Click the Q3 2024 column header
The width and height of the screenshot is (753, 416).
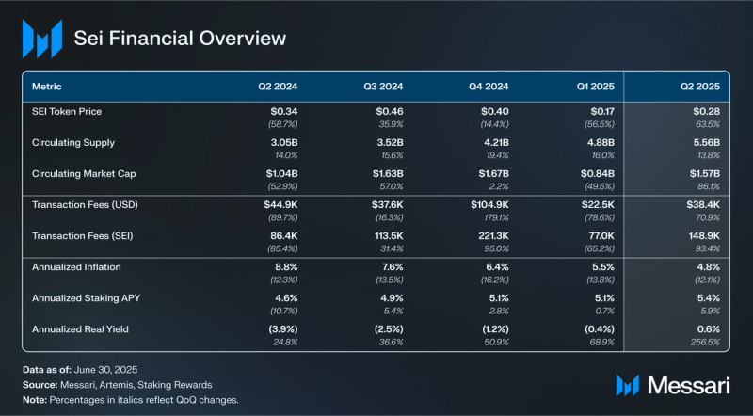point(383,86)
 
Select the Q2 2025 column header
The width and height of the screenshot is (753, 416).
point(700,86)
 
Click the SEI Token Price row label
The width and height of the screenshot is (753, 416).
point(67,112)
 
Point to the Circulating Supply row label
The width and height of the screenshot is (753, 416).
point(73,143)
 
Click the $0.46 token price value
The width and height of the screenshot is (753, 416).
point(389,112)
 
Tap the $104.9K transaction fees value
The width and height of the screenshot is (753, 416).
point(489,204)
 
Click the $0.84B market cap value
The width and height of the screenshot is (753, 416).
point(596,174)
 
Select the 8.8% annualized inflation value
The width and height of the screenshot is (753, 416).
point(285,266)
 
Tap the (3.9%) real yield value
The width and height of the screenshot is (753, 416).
point(281,328)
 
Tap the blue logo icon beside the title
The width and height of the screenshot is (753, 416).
point(41,39)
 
